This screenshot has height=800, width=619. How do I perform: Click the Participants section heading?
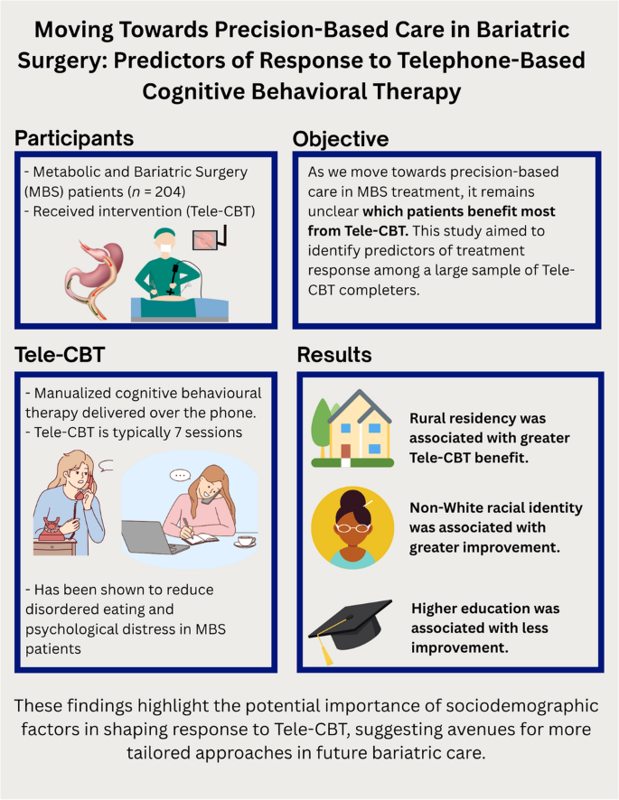pyautogui.click(x=74, y=138)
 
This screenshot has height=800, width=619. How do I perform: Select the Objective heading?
pyautogui.click(x=341, y=139)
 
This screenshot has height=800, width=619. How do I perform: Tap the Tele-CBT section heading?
pyautogui.click(x=61, y=355)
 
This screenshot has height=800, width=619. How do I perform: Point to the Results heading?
pyautogui.click(x=335, y=356)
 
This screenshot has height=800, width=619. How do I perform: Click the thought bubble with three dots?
pyautogui.click(x=178, y=474)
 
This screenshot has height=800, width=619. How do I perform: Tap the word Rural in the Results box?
pyautogui.click(x=430, y=419)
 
